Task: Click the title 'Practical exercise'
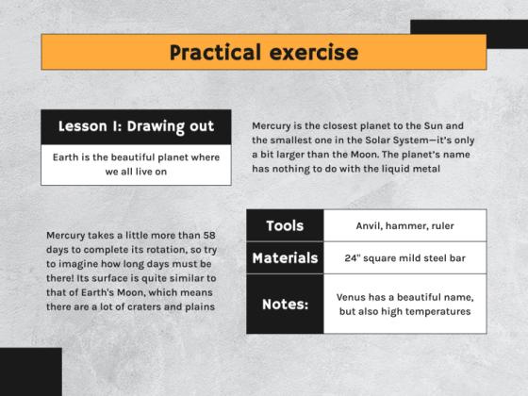(x=263, y=52)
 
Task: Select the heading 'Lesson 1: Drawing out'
(x=136, y=126)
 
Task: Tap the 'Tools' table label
(x=285, y=225)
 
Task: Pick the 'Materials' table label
(x=285, y=257)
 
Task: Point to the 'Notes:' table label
(x=285, y=304)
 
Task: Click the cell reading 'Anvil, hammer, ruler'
(x=404, y=225)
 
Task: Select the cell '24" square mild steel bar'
(x=404, y=257)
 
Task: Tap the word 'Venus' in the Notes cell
(x=354, y=297)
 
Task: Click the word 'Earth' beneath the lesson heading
(x=68, y=157)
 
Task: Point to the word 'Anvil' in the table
(x=371, y=225)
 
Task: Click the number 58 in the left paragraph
(x=208, y=234)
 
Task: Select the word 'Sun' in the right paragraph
(x=418, y=125)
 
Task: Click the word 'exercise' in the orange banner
(x=310, y=52)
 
